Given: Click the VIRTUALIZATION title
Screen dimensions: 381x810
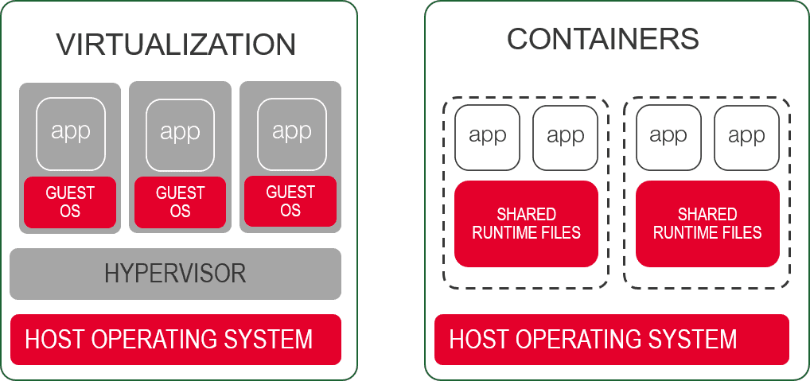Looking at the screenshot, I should pyautogui.click(x=175, y=44).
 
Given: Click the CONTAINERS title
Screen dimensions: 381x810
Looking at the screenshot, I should pyautogui.click(x=602, y=38).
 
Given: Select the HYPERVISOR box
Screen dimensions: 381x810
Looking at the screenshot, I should pyautogui.click(x=175, y=274).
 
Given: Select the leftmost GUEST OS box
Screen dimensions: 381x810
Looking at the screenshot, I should pyautogui.click(x=70, y=202).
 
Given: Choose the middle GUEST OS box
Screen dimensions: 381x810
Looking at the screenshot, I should pyautogui.click(x=180, y=202).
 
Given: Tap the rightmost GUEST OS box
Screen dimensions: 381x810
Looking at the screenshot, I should pyautogui.click(x=290, y=202).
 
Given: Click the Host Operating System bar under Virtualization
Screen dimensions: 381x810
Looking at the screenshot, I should pyautogui.click(x=175, y=340).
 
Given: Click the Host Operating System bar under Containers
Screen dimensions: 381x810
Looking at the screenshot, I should pyautogui.click(x=611, y=340).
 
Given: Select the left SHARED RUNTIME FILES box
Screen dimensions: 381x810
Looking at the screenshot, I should pyautogui.click(x=526, y=224).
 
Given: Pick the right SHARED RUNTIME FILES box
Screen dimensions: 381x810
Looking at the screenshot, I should pyautogui.click(x=707, y=224).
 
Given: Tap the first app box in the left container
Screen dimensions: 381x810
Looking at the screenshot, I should pyautogui.click(x=487, y=137).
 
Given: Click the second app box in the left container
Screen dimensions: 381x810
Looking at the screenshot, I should pyautogui.click(x=565, y=137).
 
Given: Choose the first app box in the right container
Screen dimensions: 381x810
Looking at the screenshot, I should pyautogui.click(x=668, y=137).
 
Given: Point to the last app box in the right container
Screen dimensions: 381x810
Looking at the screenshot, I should pyautogui.click(x=746, y=137).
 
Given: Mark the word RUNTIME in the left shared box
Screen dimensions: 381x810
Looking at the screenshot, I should pyautogui.click(x=504, y=233).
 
